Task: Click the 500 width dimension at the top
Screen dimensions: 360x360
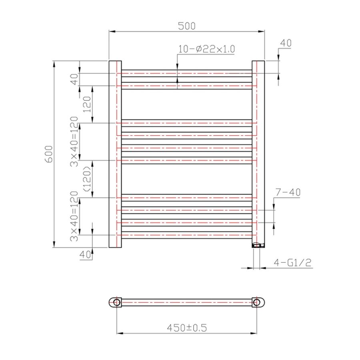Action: [187, 26]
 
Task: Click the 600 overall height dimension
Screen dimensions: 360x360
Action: [48, 154]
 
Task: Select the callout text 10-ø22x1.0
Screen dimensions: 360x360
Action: [206, 49]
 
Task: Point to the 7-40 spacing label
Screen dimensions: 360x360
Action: [288, 193]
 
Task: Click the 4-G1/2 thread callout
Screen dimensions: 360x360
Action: [292, 263]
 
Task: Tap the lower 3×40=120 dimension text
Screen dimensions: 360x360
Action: [74, 216]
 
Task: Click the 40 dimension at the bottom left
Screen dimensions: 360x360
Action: [84, 255]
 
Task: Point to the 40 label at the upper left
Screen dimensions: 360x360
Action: [74, 80]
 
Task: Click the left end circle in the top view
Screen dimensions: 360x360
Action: [116, 302]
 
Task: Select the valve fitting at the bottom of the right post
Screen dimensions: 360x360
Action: [258, 244]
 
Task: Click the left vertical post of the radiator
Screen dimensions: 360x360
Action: [115, 154]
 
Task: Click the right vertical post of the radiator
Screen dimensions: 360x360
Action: [258, 154]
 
